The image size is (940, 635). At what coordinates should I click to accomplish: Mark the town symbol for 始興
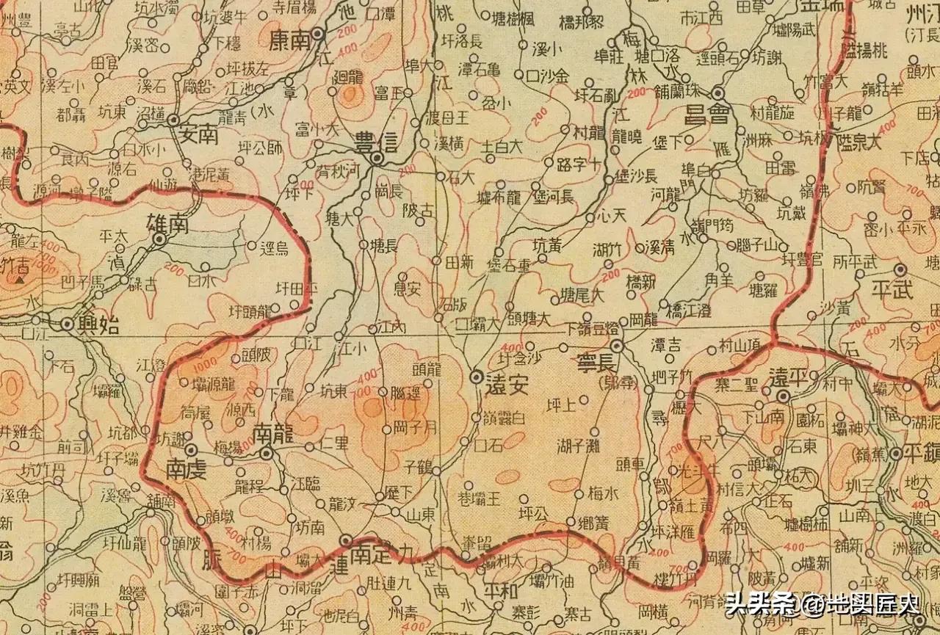point(67,324)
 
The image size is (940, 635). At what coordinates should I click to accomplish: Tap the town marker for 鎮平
point(896,454)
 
